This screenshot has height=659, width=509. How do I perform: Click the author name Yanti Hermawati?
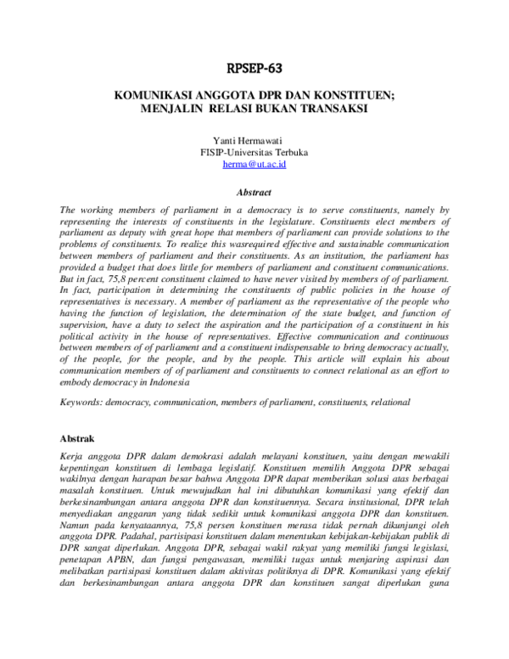point(255,139)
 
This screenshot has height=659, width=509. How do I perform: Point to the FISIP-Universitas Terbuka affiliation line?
point(255,152)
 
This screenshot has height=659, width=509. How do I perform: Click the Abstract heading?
point(255,193)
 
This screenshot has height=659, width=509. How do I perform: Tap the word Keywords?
point(81,401)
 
